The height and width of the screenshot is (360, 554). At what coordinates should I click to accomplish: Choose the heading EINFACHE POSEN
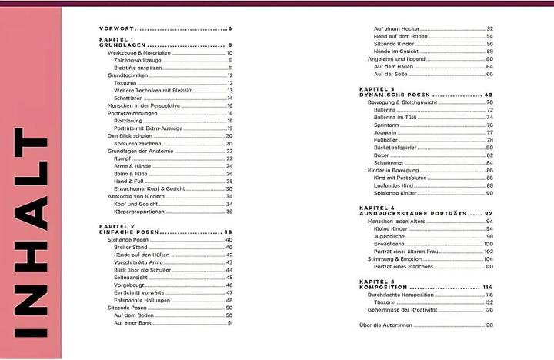129,232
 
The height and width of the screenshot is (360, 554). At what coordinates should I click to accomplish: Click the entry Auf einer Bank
129,322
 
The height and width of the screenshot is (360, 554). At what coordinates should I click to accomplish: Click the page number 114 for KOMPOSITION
487,287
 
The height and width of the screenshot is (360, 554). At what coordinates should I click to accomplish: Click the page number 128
488,325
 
